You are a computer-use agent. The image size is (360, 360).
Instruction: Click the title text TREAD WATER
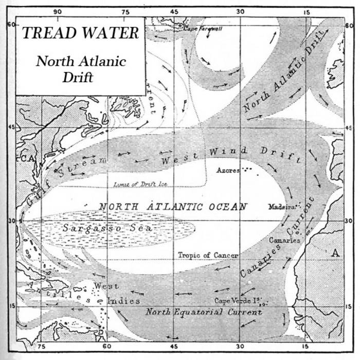81,33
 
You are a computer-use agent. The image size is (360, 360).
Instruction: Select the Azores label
228,170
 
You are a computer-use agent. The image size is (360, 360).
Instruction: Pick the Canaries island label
284,240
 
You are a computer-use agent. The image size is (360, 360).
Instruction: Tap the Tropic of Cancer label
208,255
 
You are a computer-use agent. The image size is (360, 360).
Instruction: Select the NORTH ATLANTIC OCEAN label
173,206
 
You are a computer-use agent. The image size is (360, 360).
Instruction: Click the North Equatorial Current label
204,312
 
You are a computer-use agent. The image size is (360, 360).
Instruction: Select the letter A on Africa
336,253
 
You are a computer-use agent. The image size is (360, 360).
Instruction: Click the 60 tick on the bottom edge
106,347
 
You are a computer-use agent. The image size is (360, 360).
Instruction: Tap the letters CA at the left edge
26,159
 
